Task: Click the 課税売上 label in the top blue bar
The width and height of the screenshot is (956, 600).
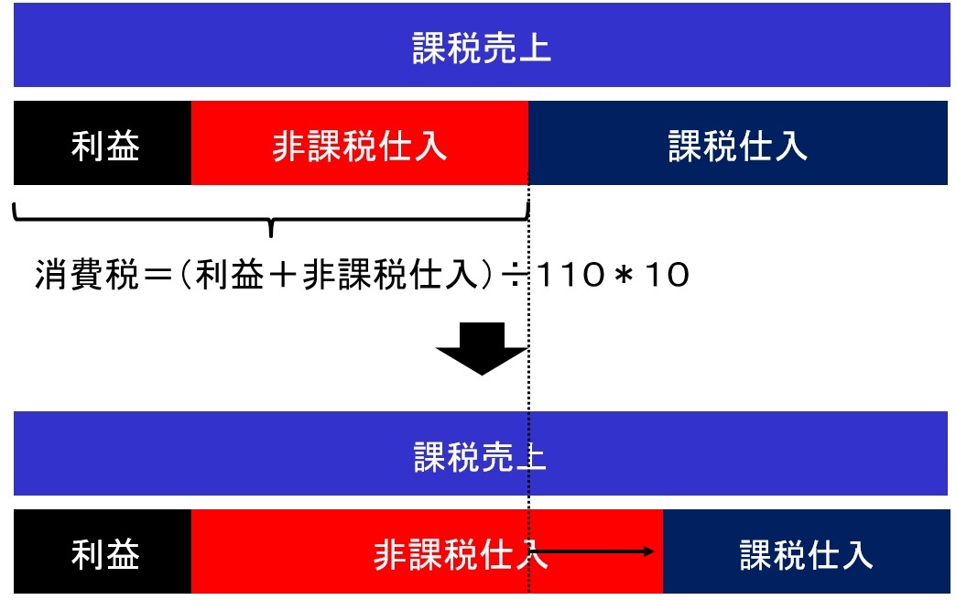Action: pyautogui.click(x=481, y=48)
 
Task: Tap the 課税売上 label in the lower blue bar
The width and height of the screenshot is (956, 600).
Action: pyautogui.click(x=480, y=457)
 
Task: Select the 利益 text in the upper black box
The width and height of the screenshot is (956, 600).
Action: pyautogui.click(x=105, y=146)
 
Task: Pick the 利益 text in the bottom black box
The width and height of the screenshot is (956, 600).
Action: pyautogui.click(x=105, y=554)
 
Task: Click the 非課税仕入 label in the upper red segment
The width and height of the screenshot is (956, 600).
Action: pyautogui.click(x=359, y=147)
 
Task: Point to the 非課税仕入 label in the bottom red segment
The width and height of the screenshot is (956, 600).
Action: pyautogui.click(x=461, y=554)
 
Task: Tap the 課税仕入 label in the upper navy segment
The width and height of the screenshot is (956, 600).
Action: pyautogui.click(x=738, y=147)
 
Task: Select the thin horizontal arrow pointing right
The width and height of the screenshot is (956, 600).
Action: pyautogui.click(x=592, y=551)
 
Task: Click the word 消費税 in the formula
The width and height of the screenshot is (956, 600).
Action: pyautogui.click(x=87, y=275)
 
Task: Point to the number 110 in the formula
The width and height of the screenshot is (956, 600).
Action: pyautogui.click(x=570, y=275)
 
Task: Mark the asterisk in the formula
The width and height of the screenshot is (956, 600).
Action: pyautogui.click(x=623, y=275)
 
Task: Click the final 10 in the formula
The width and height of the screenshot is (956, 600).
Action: pyautogui.click(x=667, y=275)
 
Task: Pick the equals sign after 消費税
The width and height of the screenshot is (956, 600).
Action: pyautogui.click(x=157, y=275)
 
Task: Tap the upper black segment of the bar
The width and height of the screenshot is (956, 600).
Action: pyautogui.click(x=103, y=143)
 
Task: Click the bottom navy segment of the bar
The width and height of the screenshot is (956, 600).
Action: pyautogui.click(x=806, y=551)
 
